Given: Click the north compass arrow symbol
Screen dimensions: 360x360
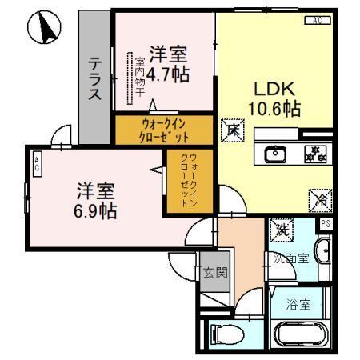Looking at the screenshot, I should [45, 29].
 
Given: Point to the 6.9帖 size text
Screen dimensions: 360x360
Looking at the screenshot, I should [96, 212].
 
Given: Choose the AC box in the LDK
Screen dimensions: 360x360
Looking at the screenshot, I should [317, 20].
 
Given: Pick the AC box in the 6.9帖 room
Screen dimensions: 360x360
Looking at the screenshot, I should [37, 165].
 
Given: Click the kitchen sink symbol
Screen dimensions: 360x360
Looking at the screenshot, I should [274, 154].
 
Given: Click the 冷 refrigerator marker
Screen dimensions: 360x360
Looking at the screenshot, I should [318, 198].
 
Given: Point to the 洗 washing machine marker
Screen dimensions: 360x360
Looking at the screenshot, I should [281, 230].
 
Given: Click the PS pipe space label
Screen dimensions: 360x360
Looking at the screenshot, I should [325, 223].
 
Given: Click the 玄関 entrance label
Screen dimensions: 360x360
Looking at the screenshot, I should [214, 272].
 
